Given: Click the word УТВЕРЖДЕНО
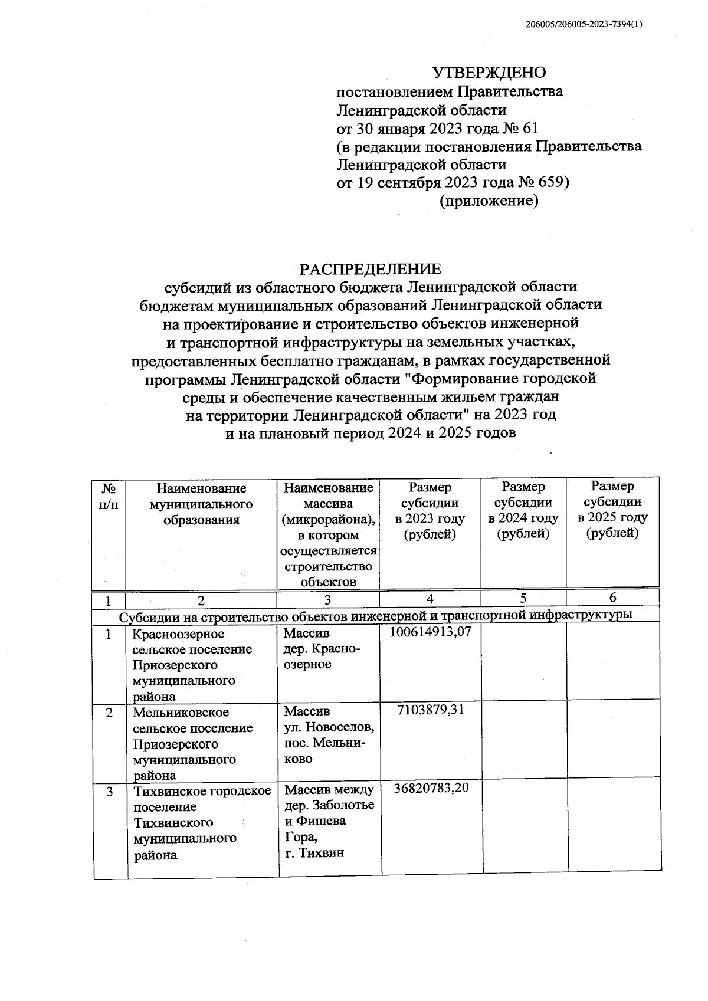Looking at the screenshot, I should (489, 73).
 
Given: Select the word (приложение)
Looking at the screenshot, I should (489, 201).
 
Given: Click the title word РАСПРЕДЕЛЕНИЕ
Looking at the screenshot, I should (370, 269).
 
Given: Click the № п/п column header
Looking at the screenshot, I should (109, 497).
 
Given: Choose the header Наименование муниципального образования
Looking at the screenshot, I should (201, 504).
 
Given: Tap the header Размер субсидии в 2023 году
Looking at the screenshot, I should (430, 511).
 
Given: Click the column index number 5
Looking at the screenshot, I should (523, 598).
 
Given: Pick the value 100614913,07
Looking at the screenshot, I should (430, 632).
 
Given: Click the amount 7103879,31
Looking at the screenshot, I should (430, 710).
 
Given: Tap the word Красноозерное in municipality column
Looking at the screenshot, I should (179, 634).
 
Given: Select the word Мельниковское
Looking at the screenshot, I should (181, 713).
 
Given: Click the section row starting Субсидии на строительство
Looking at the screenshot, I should (376, 615).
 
